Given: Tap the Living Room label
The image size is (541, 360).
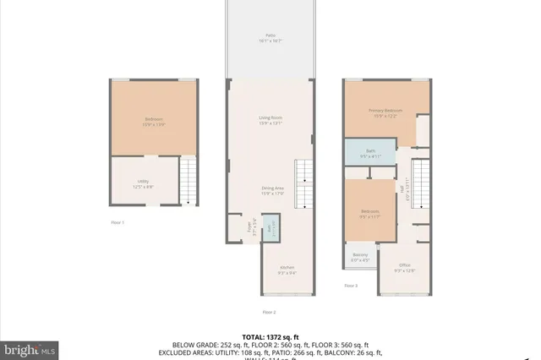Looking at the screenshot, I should [270, 119].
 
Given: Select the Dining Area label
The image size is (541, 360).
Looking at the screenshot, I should [270, 190].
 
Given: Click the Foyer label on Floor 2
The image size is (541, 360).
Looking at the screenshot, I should [250, 226].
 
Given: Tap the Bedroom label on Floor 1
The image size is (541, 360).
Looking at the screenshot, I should [154, 121].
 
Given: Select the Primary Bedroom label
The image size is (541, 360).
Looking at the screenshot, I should [385, 112].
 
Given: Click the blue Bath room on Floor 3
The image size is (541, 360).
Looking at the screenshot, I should [365, 154].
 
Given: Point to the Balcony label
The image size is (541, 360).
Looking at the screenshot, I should [360, 258].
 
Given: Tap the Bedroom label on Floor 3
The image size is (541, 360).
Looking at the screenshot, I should [370, 212].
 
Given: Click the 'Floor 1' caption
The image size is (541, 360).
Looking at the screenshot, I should [117, 222].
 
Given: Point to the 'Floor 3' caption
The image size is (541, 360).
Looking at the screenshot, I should [351, 286].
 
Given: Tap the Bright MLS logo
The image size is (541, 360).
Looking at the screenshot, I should [30, 347].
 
